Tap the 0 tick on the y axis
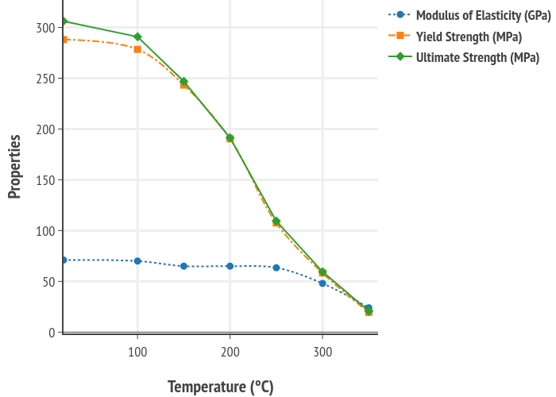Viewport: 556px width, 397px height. click(52, 332)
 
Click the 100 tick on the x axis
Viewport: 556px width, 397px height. click(137, 350)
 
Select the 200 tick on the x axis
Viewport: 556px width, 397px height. click(230, 350)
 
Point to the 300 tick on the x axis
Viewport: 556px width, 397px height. click(322, 350)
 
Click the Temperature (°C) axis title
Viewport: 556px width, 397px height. click(220, 387)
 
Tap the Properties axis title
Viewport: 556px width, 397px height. click(14, 166)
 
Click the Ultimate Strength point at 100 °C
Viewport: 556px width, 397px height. click(137, 37)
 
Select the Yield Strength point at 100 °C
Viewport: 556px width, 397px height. click(137, 49)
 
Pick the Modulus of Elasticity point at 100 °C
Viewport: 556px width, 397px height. click(137, 260)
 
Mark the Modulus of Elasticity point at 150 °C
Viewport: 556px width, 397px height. click(183, 266)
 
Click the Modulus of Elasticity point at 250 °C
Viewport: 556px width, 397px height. click(276, 268)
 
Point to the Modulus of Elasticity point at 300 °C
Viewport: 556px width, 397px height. click(322, 283)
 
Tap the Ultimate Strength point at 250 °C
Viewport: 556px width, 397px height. click(276, 221)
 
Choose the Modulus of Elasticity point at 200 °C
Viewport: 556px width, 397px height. click(230, 266)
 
